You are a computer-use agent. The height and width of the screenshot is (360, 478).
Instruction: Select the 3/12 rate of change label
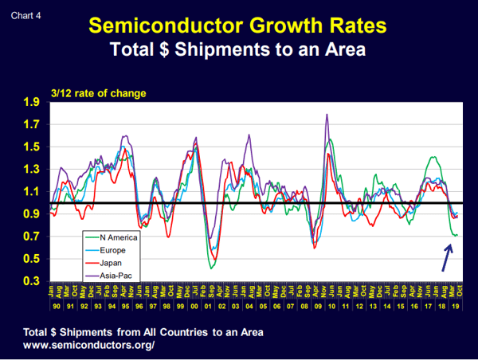(98, 93)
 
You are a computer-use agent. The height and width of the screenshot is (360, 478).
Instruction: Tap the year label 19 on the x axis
(455, 307)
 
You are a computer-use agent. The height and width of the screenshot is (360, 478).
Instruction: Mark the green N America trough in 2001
(211, 268)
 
